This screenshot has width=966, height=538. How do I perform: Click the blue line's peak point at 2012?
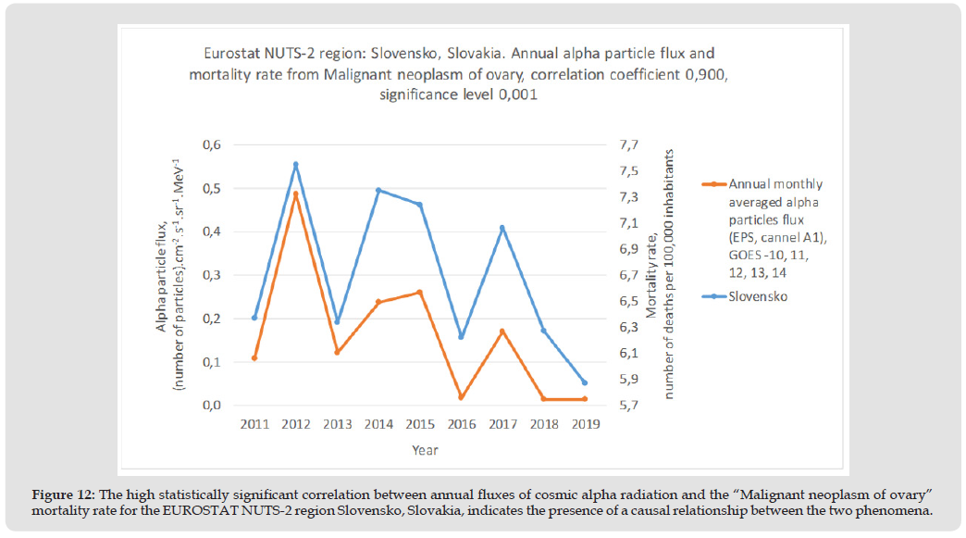click(x=296, y=165)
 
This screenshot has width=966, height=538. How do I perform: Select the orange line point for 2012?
click(x=296, y=194)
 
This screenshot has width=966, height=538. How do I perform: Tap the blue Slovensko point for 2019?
click(x=585, y=382)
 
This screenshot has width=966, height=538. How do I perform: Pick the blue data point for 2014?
click(x=378, y=191)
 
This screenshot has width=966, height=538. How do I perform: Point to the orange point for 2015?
click(x=420, y=293)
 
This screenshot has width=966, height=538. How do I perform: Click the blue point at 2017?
click(x=502, y=228)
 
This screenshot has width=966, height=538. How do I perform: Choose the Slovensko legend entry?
click(x=758, y=297)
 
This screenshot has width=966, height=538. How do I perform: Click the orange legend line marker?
click(x=713, y=184)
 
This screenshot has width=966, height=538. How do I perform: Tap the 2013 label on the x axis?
click(x=337, y=424)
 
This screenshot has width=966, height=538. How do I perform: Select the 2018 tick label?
click(x=543, y=424)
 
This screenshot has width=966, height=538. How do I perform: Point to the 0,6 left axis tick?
click(x=212, y=145)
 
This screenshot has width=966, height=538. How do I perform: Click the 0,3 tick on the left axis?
click(x=212, y=275)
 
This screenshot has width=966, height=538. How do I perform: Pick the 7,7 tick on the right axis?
click(x=629, y=145)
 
